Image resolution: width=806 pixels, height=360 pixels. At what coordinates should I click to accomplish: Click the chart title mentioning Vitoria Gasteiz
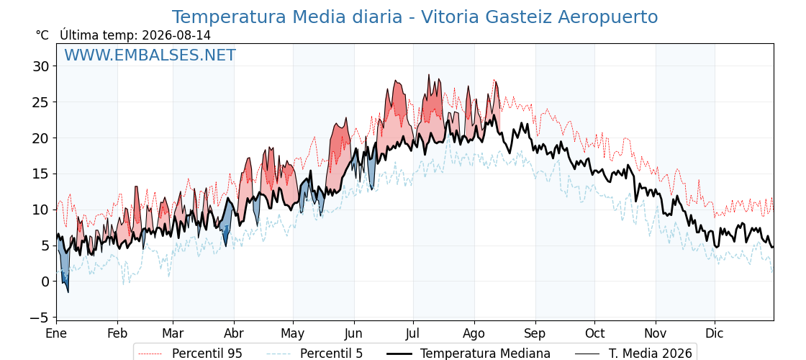[x=415, y=17]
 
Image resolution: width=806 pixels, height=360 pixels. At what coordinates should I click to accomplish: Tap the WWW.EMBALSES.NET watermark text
[x=150, y=55]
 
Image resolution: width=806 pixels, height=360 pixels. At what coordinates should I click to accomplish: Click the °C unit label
[x=42, y=35]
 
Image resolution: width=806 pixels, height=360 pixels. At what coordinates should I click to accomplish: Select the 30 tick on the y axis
[x=40, y=66]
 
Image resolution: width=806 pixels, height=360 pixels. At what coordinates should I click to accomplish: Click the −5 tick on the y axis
[x=39, y=318]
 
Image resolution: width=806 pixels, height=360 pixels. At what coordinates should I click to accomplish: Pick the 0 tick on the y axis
[x=46, y=282]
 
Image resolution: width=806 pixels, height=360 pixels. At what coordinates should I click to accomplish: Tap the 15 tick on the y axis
[x=40, y=174]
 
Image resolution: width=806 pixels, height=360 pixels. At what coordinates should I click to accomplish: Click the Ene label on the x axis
[x=56, y=333]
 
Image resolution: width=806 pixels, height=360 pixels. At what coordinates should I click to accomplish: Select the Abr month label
[x=234, y=333]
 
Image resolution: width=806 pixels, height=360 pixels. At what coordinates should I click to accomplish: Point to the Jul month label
[x=413, y=333]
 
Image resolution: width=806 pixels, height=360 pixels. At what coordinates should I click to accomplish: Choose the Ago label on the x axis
[x=474, y=334]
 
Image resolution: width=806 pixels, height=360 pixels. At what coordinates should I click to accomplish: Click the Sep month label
[x=535, y=334]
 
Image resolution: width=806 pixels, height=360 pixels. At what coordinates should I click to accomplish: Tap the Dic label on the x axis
[x=715, y=333]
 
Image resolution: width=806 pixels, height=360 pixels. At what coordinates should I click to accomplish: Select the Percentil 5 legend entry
[x=315, y=354]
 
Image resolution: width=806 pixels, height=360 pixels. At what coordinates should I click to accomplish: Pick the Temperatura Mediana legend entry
[x=467, y=354]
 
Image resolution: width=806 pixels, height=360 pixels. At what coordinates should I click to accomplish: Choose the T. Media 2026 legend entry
[x=633, y=354]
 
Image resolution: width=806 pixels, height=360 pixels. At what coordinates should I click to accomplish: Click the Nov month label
[x=656, y=333]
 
